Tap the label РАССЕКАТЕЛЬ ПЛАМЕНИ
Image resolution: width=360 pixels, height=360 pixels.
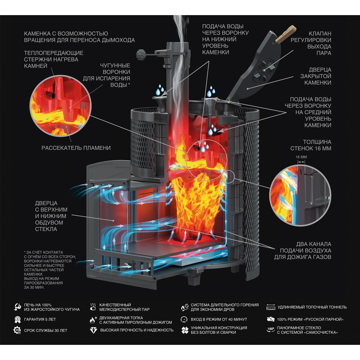pyautogui.click(x=76, y=148)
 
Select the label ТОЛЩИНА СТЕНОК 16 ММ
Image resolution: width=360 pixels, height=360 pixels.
pyautogui.click(x=311, y=145)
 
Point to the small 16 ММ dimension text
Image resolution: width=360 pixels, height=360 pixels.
pyautogui.click(x=301, y=157)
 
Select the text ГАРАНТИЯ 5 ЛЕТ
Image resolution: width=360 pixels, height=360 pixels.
pyautogui.click(x=40, y=319)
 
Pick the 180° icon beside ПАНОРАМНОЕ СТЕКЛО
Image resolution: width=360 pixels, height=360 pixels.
pyautogui.click(x=270, y=330)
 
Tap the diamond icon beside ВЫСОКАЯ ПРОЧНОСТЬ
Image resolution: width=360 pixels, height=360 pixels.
pyautogui.click(x=93, y=330)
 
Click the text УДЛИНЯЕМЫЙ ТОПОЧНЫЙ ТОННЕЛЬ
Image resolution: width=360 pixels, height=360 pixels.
pyautogui.click(x=312, y=307)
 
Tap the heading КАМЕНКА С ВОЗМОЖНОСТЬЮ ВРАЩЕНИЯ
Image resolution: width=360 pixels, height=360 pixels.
pyautogui.click(x=79, y=37)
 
